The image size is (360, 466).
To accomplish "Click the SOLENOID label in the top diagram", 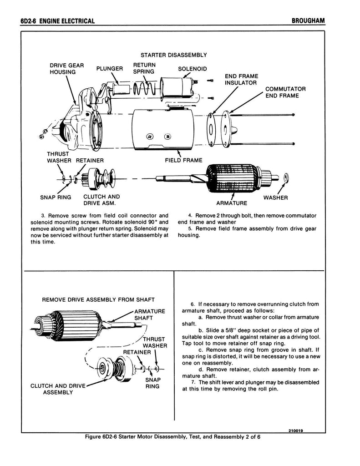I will pyautogui.click(x=192, y=69).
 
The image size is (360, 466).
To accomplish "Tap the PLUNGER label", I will pyautogui.click(x=110, y=69).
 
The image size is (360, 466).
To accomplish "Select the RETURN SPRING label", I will pyautogui.click(x=144, y=68).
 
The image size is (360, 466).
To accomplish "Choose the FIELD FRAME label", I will pyautogui.click(x=183, y=160).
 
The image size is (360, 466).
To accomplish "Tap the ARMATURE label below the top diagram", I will pyautogui.click(x=232, y=203).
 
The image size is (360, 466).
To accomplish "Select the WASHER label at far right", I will pyautogui.click(x=275, y=198).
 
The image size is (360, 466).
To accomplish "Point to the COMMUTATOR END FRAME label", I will pyautogui.click(x=285, y=92).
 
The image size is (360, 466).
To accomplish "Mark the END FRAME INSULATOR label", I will pyautogui.click(x=241, y=80).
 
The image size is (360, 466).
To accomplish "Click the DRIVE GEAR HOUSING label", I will pyautogui.click(x=66, y=69).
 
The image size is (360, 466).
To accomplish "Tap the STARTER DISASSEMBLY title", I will pyautogui.click(x=174, y=55).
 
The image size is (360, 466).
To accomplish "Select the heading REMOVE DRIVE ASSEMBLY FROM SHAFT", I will pyautogui.click(x=98, y=300).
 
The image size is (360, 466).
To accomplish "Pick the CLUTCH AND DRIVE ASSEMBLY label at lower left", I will pyautogui.click(x=58, y=389).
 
